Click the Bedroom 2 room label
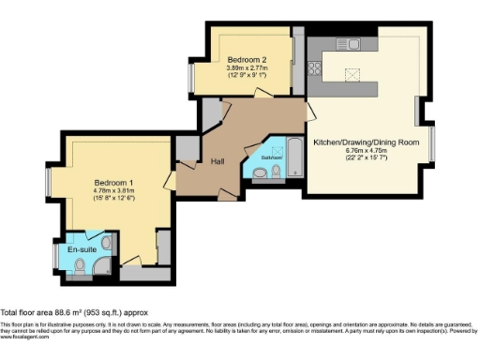(x=247, y=58)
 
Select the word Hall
(x=217, y=161)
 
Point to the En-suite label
(x=82, y=250)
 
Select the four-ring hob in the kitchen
(x=316, y=67)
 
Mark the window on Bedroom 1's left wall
(x=49, y=184)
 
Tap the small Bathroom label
(x=271, y=157)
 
